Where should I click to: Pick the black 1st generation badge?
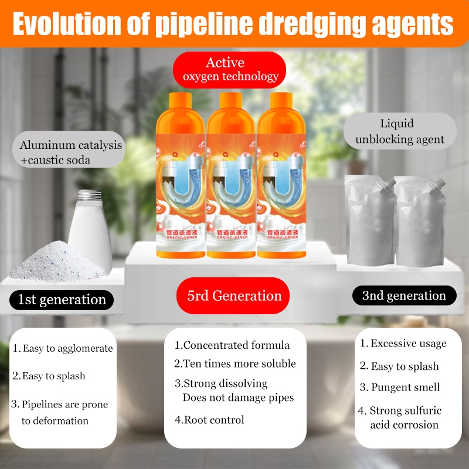pos(62,300)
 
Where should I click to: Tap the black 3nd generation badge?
pos(404,295)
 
